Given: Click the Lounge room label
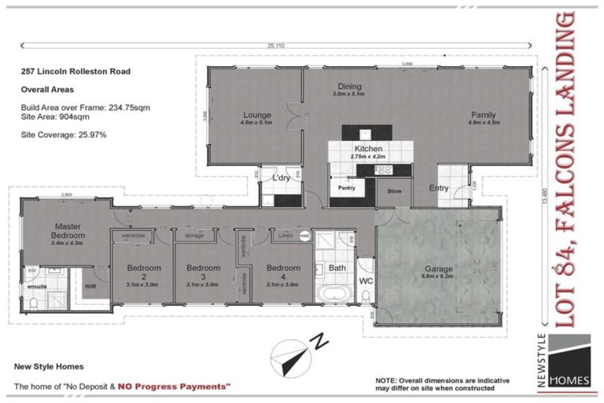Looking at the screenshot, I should (x=256, y=115).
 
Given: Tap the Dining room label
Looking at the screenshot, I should (x=349, y=87).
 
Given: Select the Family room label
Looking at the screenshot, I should (x=484, y=115).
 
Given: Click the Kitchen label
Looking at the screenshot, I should (x=368, y=148).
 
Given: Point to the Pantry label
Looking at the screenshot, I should (x=346, y=188).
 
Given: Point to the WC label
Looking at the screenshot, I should (x=365, y=281).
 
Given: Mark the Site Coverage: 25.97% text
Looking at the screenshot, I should (x=64, y=135).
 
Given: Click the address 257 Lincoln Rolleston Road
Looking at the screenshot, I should (x=75, y=71).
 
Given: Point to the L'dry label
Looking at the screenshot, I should (x=281, y=177).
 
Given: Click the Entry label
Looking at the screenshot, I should (x=439, y=188).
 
